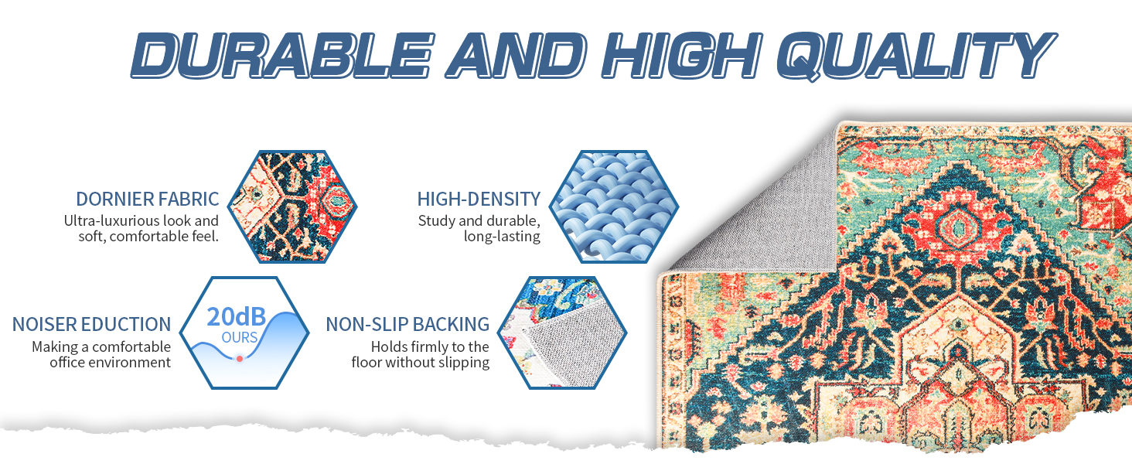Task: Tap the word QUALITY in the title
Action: pos(916,56)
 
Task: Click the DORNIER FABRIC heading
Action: pos(147,200)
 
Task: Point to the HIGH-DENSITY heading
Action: pos(479,200)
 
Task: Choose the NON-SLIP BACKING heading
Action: pos(407,324)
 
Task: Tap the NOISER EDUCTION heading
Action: pos(91,324)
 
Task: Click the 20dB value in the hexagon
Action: pos(236,317)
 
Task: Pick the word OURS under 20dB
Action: pos(240,337)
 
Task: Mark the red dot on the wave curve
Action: pos(240,358)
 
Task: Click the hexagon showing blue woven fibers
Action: pos(613,206)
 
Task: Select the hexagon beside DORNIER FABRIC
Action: pos(292,206)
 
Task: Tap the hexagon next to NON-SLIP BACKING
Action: pos(562,333)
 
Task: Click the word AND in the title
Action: pos(516,55)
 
